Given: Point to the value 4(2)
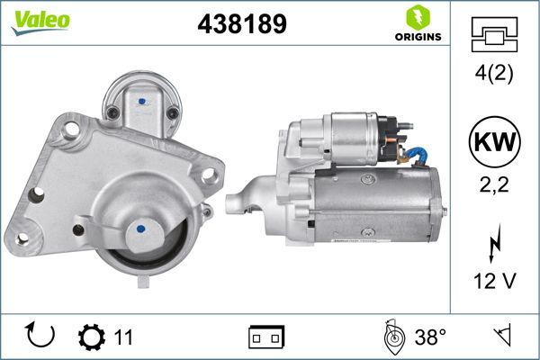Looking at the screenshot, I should click(x=494, y=75).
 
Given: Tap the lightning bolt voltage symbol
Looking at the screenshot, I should click(x=494, y=243).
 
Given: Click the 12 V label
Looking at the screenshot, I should click(x=494, y=281).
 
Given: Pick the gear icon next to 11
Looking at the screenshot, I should click(x=93, y=337).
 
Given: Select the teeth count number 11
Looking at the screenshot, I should click(x=123, y=337).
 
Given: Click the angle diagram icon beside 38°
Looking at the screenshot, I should click(x=391, y=337).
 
